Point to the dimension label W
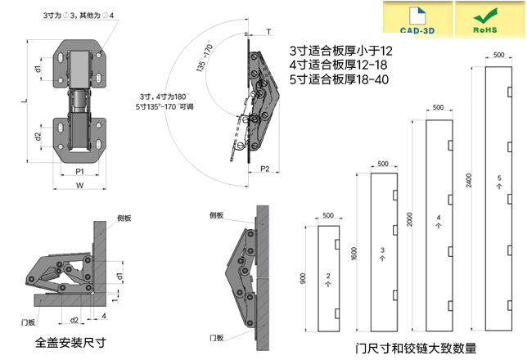(x=79, y=186)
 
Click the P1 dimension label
(x=79, y=172)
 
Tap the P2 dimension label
(x=265, y=169)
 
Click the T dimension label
(x=269, y=31)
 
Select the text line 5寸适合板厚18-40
(x=340, y=79)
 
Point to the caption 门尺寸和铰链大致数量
(x=416, y=347)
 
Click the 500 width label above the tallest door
(x=499, y=54)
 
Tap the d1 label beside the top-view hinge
(x=38, y=70)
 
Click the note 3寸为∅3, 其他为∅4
(x=79, y=16)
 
